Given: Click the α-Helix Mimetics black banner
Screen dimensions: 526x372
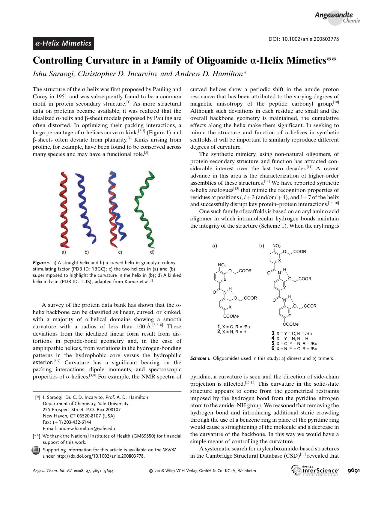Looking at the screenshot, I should tap(63, 43).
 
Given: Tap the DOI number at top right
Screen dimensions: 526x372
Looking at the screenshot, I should tap(303, 39).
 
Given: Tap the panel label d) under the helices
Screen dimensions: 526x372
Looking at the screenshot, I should tap(152, 252).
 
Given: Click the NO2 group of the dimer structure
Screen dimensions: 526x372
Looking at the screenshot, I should tap(222, 265).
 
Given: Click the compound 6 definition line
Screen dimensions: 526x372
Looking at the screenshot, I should tap(294, 348).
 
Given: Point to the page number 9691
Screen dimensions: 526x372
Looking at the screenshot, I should tap(353, 470).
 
